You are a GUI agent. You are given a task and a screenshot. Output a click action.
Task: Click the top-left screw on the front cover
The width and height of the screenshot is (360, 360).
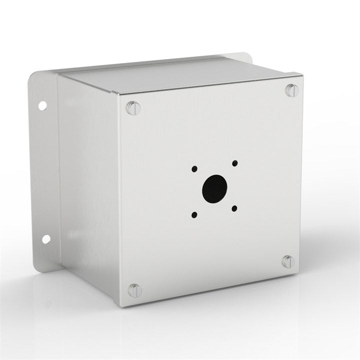(132, 107)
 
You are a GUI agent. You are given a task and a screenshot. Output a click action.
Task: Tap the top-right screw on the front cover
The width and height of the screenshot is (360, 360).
(292, 90)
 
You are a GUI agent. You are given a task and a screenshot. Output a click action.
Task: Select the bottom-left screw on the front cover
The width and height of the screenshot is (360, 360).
(134, 290)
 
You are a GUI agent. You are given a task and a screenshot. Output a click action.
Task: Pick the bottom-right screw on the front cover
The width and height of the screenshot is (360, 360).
(288, 261)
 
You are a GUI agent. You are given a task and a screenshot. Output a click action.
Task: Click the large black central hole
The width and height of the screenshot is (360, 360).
(215, 188)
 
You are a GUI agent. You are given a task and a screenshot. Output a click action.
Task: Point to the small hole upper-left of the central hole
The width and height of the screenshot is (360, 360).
(194, 168)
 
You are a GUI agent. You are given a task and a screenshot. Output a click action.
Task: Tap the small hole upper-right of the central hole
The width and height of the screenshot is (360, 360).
(234, 163)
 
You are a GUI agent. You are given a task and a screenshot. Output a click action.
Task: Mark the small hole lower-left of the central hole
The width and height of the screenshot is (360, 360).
(194, 215)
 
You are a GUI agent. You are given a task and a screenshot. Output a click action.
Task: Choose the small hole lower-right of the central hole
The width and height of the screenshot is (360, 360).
(234, 208)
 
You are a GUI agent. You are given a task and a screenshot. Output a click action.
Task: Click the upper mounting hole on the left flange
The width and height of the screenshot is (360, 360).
(42, 105)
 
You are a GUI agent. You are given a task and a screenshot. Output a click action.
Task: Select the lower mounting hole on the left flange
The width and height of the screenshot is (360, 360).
(45, 239)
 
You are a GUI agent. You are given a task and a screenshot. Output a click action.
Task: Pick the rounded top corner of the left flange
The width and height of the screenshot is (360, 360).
(34, 77)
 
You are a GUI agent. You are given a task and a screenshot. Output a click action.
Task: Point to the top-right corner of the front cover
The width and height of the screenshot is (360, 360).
(302, 75)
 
